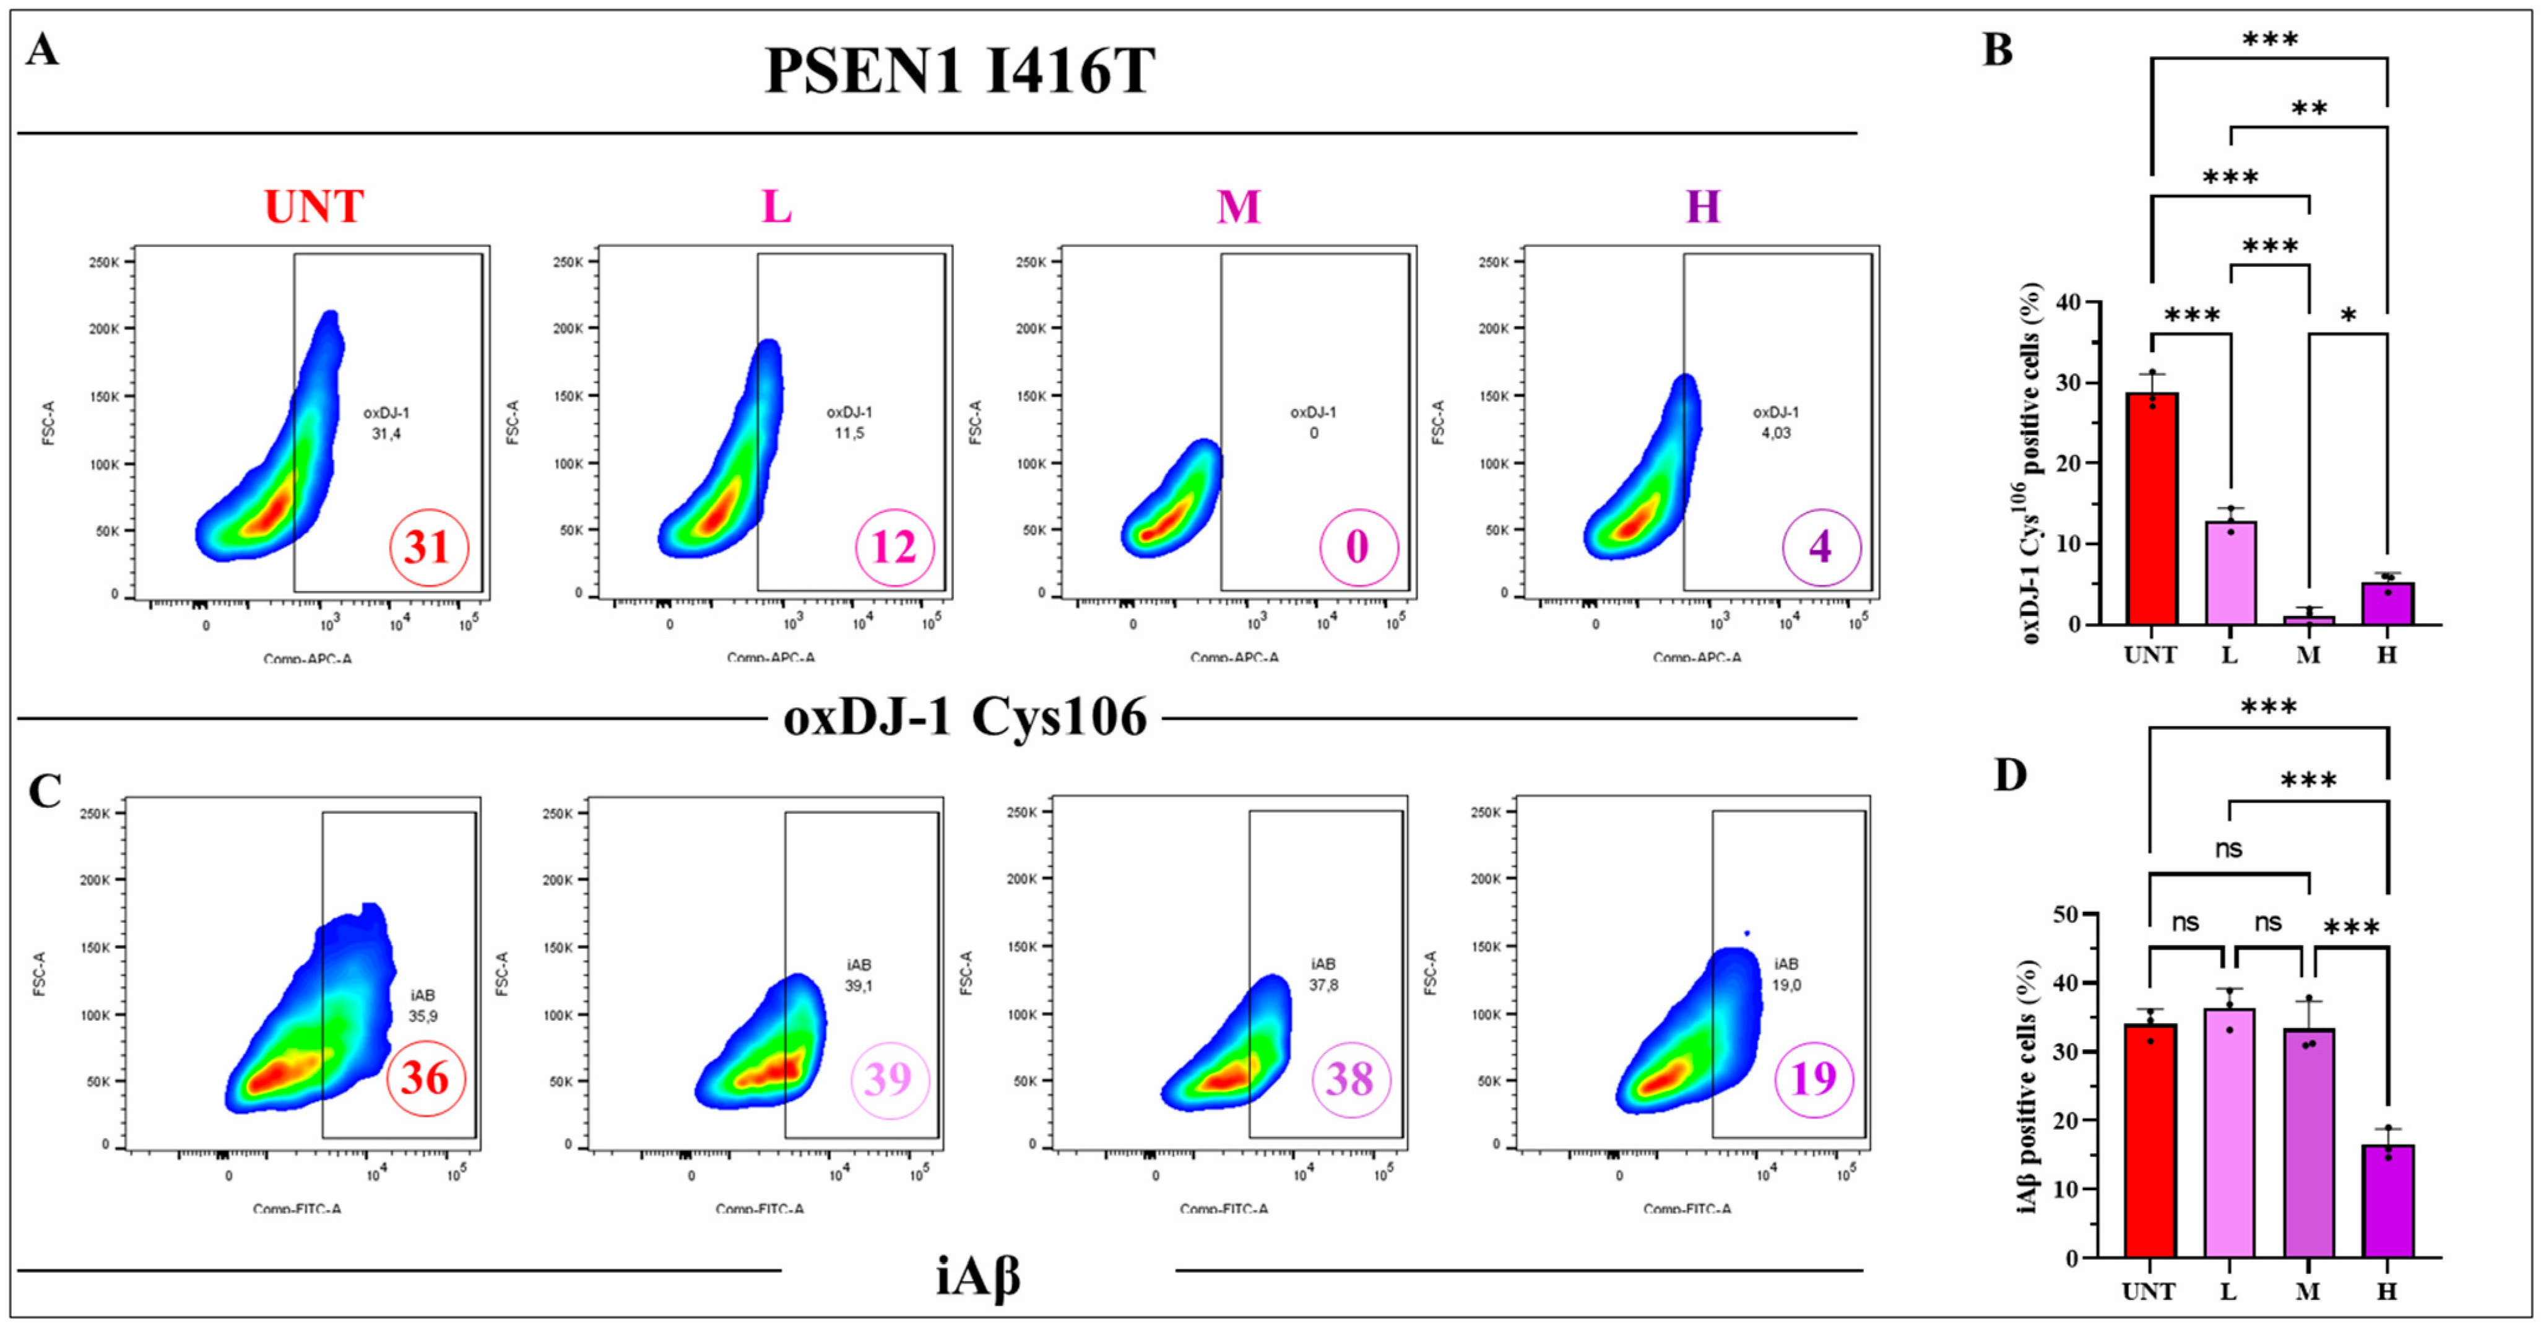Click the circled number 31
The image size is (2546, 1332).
click(428, 547)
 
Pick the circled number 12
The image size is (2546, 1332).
click(893, 547)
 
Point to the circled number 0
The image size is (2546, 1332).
click(1358, 547)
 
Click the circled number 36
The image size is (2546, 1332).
click(425, 1078)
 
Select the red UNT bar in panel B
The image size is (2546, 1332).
click(2152, 509)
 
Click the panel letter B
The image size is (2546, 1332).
click(1998, 50)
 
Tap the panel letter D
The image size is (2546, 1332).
click(2009, 776)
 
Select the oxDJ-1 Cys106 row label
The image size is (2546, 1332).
click(964, 717)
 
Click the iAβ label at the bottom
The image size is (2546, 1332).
click(977, 1277)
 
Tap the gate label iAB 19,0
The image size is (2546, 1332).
click(1785, 974)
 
